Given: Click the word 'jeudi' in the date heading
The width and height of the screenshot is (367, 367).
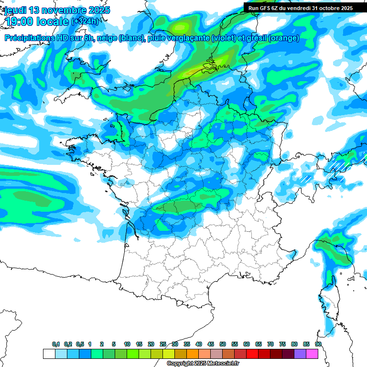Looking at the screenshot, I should [x=15, y=10].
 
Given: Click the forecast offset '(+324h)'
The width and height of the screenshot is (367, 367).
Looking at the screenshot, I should [x=86, y=22].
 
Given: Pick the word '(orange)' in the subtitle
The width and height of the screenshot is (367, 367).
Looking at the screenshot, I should [x=284, y=38].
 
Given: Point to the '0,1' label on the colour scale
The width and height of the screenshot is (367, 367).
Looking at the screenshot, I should [x=56, y=344].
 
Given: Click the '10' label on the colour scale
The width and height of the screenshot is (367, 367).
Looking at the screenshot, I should [x=127, y=344].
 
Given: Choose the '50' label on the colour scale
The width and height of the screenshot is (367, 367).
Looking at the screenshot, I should [x=223, y=344].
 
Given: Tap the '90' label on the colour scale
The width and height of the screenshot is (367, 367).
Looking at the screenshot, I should [x=318, y=344].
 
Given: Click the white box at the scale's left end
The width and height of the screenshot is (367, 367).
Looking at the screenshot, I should [x=49, y=354].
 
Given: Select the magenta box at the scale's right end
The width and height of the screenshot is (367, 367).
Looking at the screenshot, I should [x=312, y=354].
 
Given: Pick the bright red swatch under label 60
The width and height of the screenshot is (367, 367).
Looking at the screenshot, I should [x=252, y=354].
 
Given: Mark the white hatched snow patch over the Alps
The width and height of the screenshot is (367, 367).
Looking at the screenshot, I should [x=337, y=165].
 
